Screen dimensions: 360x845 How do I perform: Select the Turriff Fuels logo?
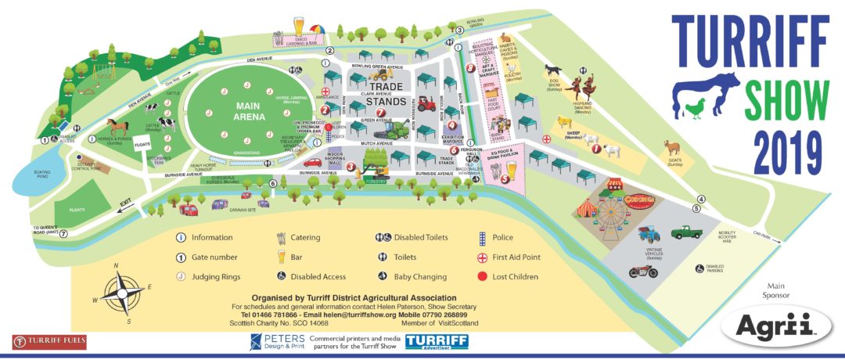click(49, 341)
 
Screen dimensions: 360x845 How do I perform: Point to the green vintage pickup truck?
click(687, 232)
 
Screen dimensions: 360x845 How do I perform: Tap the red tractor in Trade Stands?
click(426, 103)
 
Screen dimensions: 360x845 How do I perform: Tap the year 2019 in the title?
click(786, 150)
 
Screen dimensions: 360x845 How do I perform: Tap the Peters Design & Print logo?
click(276, 341)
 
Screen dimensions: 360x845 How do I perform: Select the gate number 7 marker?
click(63, 233)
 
